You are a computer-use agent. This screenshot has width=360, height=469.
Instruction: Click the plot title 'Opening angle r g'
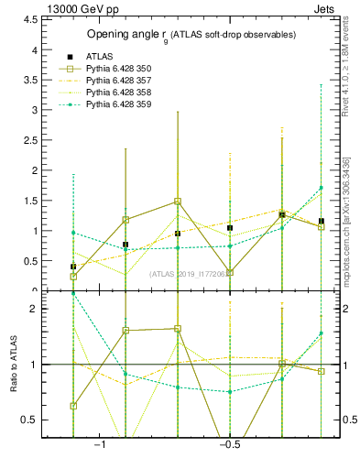click(x=191, y=35)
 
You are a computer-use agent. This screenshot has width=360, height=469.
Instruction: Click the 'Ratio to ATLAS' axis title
click(x=16, y=365)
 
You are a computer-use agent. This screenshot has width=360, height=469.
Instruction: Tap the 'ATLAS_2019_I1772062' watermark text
click(x=190, y=274)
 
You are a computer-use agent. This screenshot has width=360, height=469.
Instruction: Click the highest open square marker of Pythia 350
click(x=178, y=202)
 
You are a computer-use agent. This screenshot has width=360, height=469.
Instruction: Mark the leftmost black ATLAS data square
click(x=73, y=267)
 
